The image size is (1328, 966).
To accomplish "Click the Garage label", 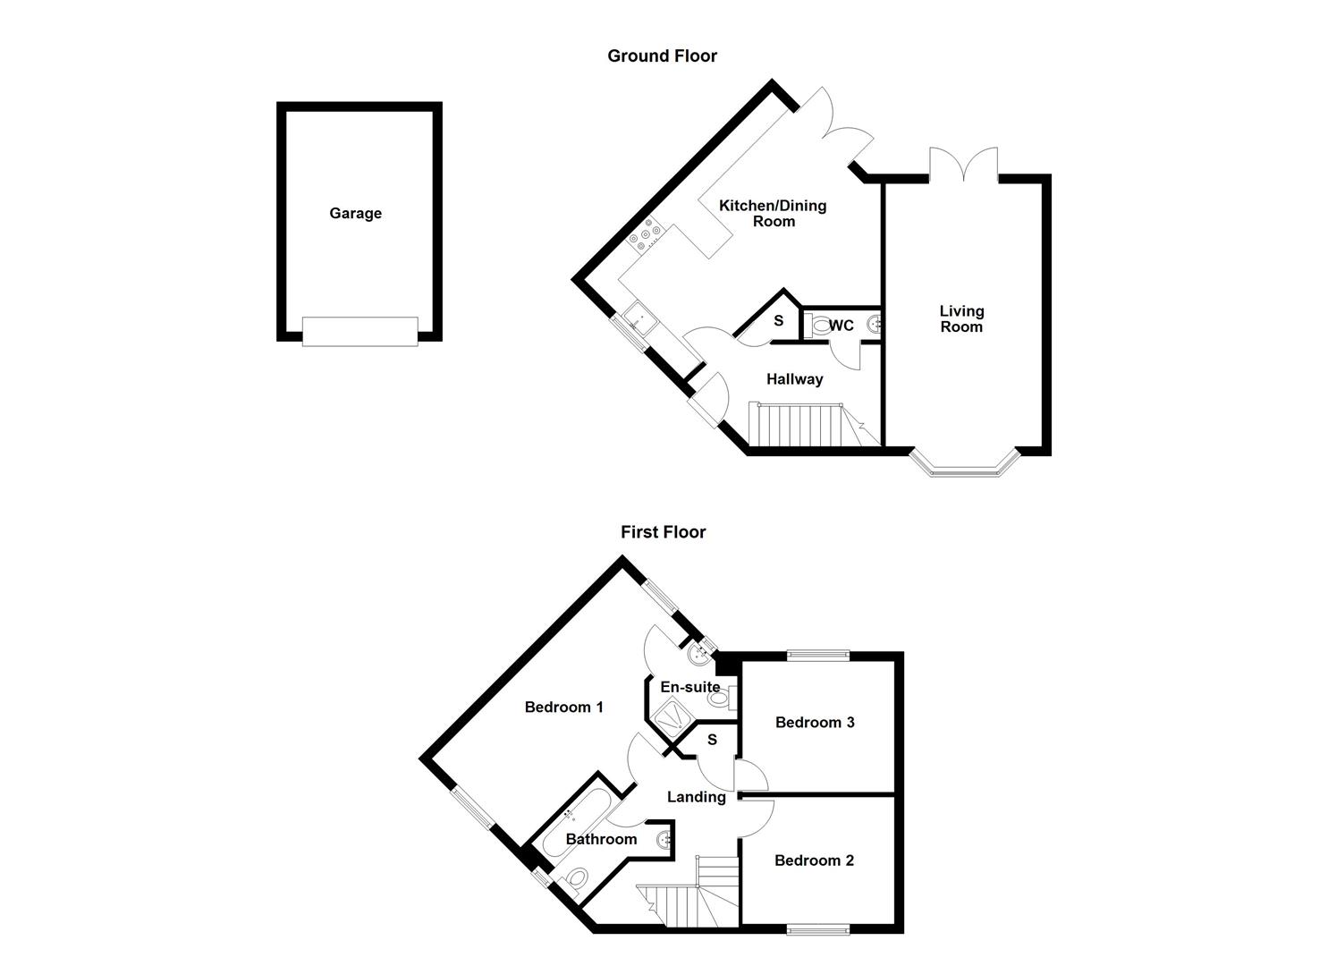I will coord(355,213).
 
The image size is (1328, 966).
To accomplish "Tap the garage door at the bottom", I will coord(359,331).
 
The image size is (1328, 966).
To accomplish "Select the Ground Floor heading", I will coord(662,55).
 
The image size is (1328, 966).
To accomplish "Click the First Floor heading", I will coord(663,532).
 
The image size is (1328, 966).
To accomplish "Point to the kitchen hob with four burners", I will coord(645,235).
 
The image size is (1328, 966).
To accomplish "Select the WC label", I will coord(842,326).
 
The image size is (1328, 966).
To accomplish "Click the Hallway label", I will coord(794,379).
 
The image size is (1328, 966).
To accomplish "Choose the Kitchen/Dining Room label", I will coord(773,213).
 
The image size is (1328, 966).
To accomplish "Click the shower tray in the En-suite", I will coord(668,716).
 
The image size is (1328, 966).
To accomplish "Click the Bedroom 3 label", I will coord(815,722).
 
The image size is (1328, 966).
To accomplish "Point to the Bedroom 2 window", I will coord(818,931).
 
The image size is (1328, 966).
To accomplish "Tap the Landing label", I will coord(696,797).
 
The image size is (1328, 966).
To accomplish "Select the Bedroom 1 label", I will coord(563,708).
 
